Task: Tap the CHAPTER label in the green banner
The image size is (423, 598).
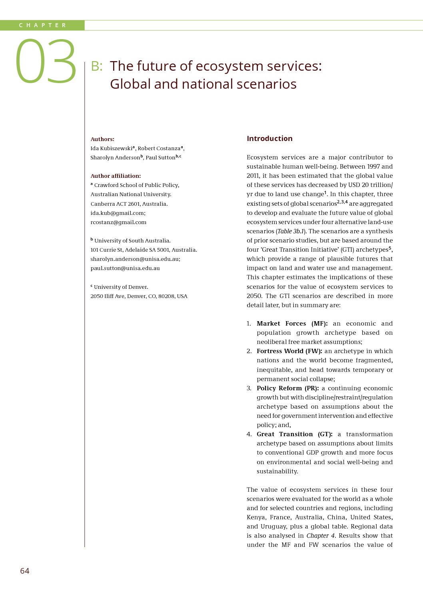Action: point(42,25)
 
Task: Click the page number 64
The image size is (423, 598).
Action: point(25,571)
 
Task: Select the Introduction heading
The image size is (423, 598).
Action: point(269,139)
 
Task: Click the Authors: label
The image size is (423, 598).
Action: point(102,139)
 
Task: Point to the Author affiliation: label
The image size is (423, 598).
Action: point(116,176)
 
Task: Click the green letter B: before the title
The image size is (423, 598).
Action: point(97,66)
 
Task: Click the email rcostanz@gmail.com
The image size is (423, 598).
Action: point(118,222)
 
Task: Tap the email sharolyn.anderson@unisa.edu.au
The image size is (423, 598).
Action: point(135,259)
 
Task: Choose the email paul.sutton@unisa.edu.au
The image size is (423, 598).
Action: point(125,268)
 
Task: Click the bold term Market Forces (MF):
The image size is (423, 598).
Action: point(292,324)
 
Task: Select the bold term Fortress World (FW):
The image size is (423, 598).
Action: point(289,351)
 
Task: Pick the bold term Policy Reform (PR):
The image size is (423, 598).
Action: point(287,388)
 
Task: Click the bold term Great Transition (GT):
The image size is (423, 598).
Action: point(294,434)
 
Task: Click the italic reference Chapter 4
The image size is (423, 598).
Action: point(321,536)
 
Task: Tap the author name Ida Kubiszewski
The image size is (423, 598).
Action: point(112,148)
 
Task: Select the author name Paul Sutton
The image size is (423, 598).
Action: point(160,157)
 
